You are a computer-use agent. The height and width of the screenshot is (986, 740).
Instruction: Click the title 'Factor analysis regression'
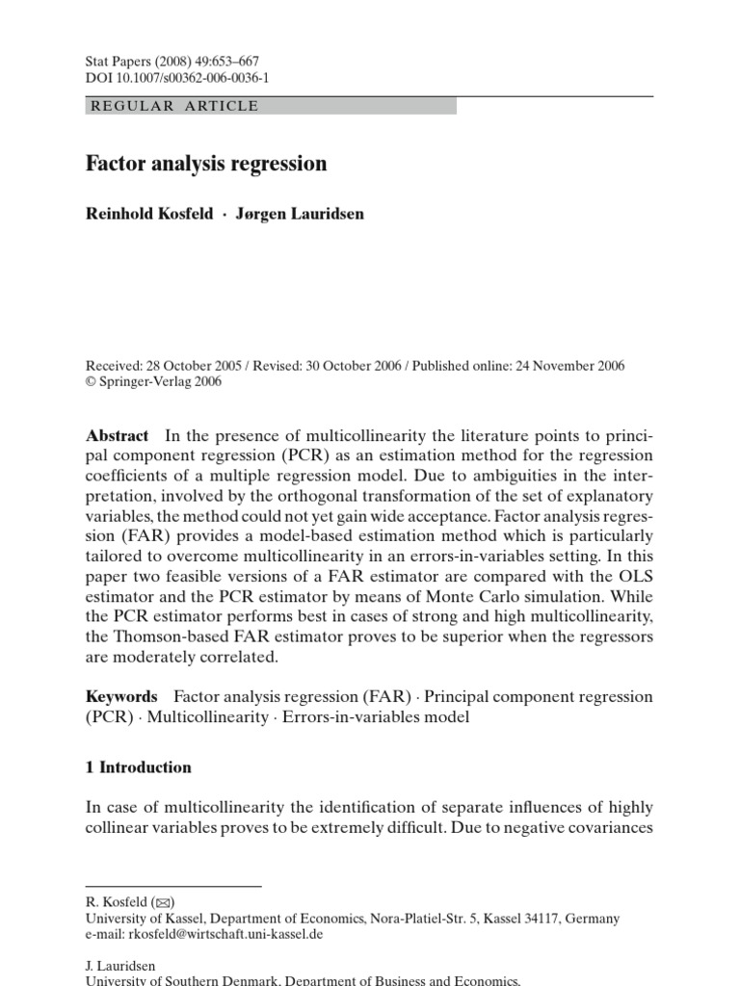pyautogui.click(x=206, y=164)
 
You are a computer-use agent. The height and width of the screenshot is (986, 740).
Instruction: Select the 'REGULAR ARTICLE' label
pyautogui.click(x=173, y=106)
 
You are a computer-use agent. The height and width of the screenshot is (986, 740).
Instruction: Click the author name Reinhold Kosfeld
pyautogui.click(x=147, y=214)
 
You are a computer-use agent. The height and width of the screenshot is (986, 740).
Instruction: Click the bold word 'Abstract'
pyautogui.click(x=118, y=435)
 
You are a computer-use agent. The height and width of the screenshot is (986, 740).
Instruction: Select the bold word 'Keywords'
pyautogui.click(x=121, y=696)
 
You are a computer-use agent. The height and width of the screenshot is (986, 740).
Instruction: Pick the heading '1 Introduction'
pyautogui.click(x=139, y=767)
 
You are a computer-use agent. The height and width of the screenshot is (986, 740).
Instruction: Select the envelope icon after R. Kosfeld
pyautogui.click(x=164, y=902)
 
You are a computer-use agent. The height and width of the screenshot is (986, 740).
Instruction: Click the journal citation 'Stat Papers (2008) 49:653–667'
pyautogui.click(x=172, y=61)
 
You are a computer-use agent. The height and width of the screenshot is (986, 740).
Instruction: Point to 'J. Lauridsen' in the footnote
pyautogui.click(x=121, y=965)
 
